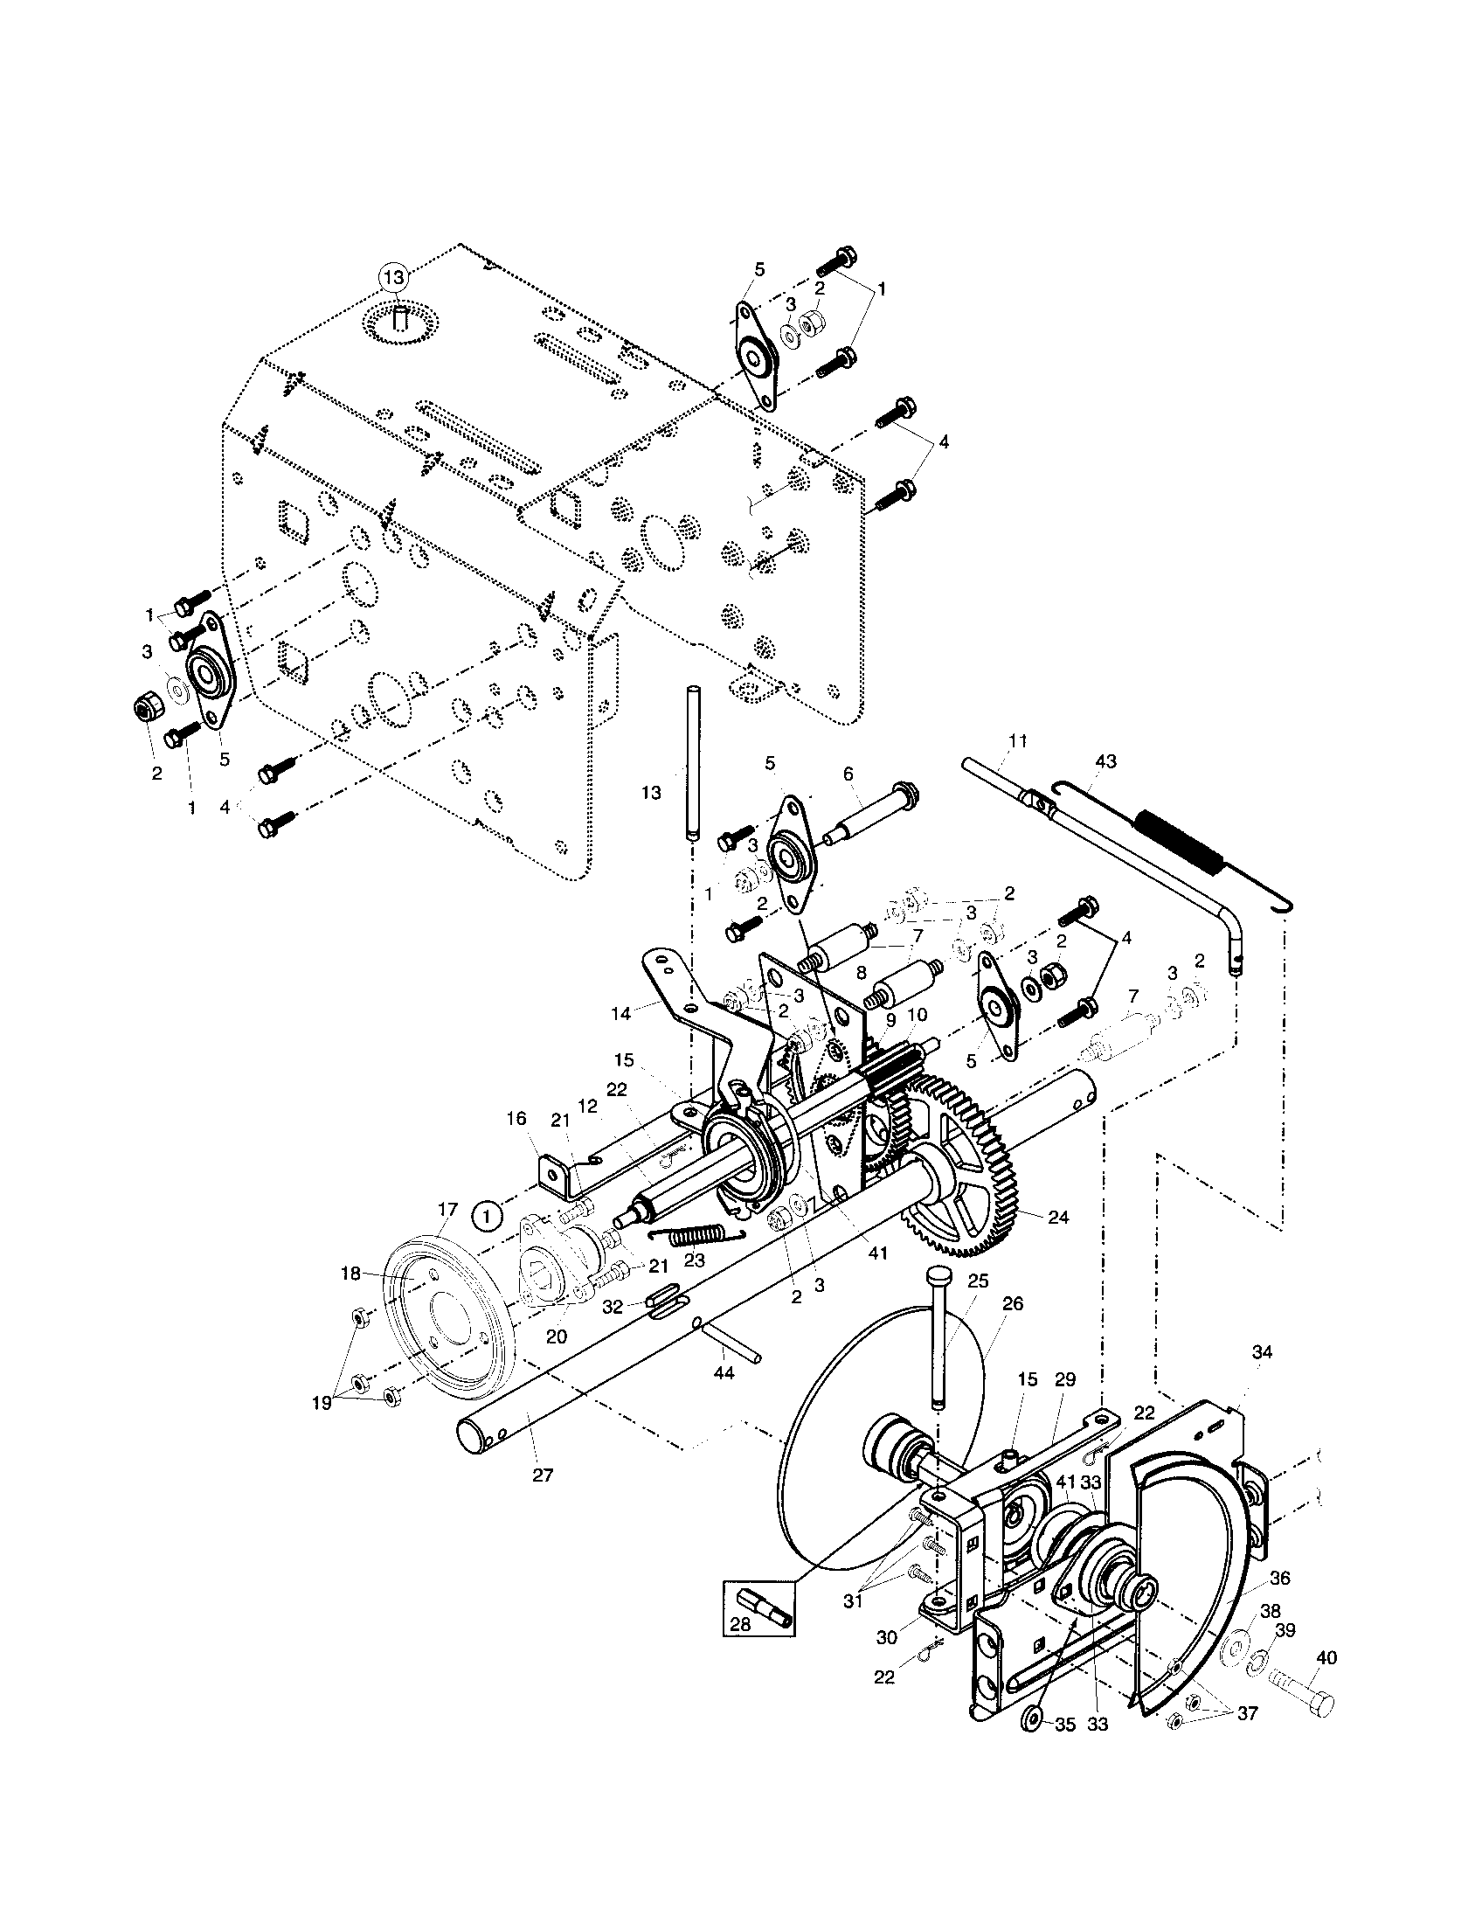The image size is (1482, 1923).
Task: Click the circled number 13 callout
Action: pos(395,276)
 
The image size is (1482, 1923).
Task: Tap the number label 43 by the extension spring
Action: pos(1105,761)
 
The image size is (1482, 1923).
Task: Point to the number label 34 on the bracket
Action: pos(1261,1352)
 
